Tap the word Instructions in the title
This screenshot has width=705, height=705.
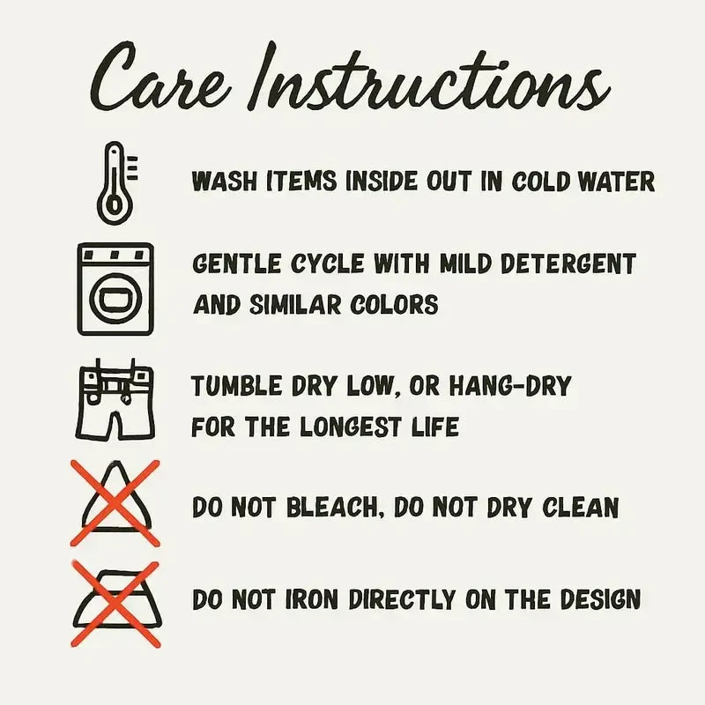coord(429,76)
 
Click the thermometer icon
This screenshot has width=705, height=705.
coord(116,183)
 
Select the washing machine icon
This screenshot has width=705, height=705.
coord(115,289)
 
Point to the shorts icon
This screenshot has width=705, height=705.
coord(115,398)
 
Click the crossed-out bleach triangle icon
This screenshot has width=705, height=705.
coord(115,502)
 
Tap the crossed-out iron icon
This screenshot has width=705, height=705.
coord(116,604)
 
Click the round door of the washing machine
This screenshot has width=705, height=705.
coord(115,299)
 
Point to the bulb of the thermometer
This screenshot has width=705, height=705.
coord(115,207)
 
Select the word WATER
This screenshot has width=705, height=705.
coord(617,182)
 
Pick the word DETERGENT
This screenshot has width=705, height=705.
coord(568,263)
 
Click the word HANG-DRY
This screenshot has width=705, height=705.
coord(511,386)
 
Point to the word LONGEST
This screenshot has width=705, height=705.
coord(350,427)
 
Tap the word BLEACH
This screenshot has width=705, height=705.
coord(336,508)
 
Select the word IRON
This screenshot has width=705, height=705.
coord(312,599)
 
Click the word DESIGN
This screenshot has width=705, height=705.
coord(601,599)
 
